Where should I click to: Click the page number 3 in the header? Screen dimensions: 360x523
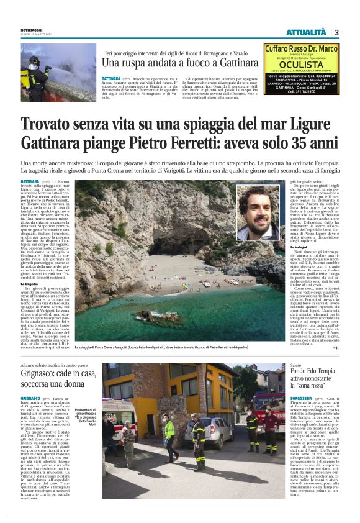336,32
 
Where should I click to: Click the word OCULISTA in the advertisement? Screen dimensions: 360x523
304,64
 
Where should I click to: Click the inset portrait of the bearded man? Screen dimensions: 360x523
260,212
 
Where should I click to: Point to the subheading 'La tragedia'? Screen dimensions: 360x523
29,284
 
